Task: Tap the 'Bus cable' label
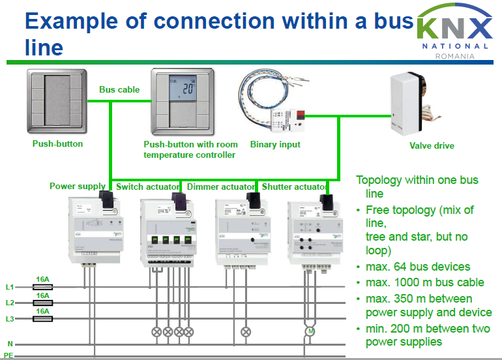119,89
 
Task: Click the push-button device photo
57,99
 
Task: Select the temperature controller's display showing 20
183,89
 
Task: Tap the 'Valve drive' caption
432,146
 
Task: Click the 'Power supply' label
77,187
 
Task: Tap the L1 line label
10,287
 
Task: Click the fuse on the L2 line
42,303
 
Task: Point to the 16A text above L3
43,311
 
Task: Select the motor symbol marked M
310,332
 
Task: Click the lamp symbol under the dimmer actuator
245,331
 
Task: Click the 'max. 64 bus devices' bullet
417,267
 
